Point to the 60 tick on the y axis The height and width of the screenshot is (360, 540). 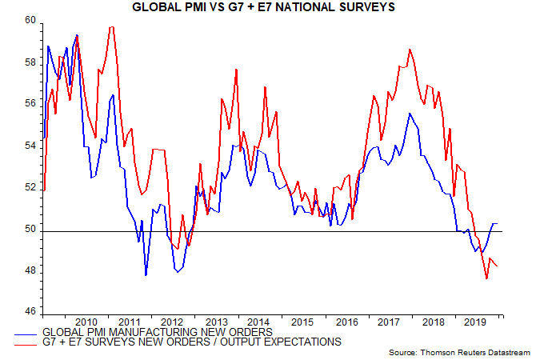[30, 21]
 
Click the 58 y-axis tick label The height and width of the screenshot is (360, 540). [30, 62]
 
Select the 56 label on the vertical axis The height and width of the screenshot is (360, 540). [30, 104]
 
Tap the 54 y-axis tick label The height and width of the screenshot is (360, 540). [30, 146]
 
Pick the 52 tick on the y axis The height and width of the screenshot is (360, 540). [30, 188]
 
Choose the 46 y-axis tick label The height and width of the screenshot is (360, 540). [30, 310]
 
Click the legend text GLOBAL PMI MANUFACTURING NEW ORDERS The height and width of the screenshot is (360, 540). [158, 331]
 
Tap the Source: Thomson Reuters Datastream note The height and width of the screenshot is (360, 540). [459, 352]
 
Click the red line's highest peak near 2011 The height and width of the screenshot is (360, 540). [111, 27]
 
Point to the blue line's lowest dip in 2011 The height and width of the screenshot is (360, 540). [146, 275]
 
